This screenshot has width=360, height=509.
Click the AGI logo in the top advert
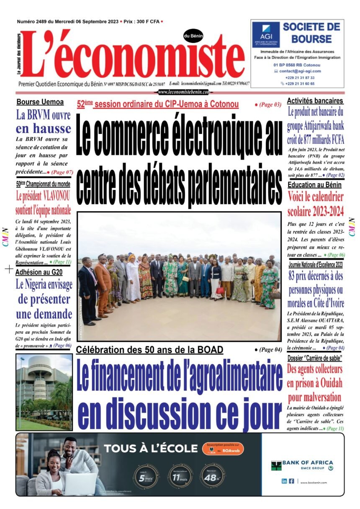[266, 35]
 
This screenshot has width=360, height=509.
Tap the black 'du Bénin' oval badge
[193, 36]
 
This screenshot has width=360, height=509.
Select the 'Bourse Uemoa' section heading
[40, 102]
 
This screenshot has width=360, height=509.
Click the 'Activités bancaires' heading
[315, 101]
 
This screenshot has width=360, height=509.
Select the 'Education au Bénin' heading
[314, 185]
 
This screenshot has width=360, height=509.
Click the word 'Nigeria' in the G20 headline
[42, 285]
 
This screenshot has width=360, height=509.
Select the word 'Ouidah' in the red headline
[330, 383]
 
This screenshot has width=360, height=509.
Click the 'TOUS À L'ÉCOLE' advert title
[151, 449]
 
